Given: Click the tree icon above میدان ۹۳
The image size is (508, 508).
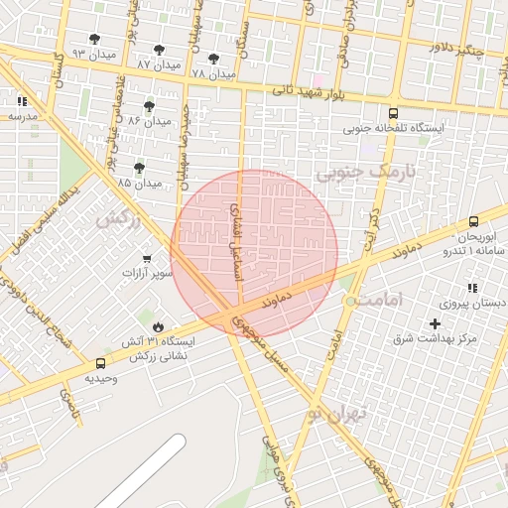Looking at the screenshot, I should coord(94,40).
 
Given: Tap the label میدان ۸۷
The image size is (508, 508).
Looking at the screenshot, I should coord(159,64).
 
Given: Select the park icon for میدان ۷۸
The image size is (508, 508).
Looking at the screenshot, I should coord(213,59).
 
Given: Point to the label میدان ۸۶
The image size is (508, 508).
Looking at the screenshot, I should coord(150,121).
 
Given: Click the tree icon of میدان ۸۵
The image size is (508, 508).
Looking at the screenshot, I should coord(139,167).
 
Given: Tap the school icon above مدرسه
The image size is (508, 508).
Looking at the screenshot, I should coord(22,101).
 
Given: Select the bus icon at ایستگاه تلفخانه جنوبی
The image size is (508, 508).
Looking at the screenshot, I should coord(394,113).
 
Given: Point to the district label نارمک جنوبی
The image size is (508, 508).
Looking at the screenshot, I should coord(357,173).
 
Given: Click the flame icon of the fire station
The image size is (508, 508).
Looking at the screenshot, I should coord(158,326).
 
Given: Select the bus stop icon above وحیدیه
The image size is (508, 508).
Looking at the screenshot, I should coord(100,364).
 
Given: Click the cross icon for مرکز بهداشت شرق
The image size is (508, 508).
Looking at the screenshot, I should coord(434,324).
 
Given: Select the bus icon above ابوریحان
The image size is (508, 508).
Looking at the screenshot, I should coord(472,222).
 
